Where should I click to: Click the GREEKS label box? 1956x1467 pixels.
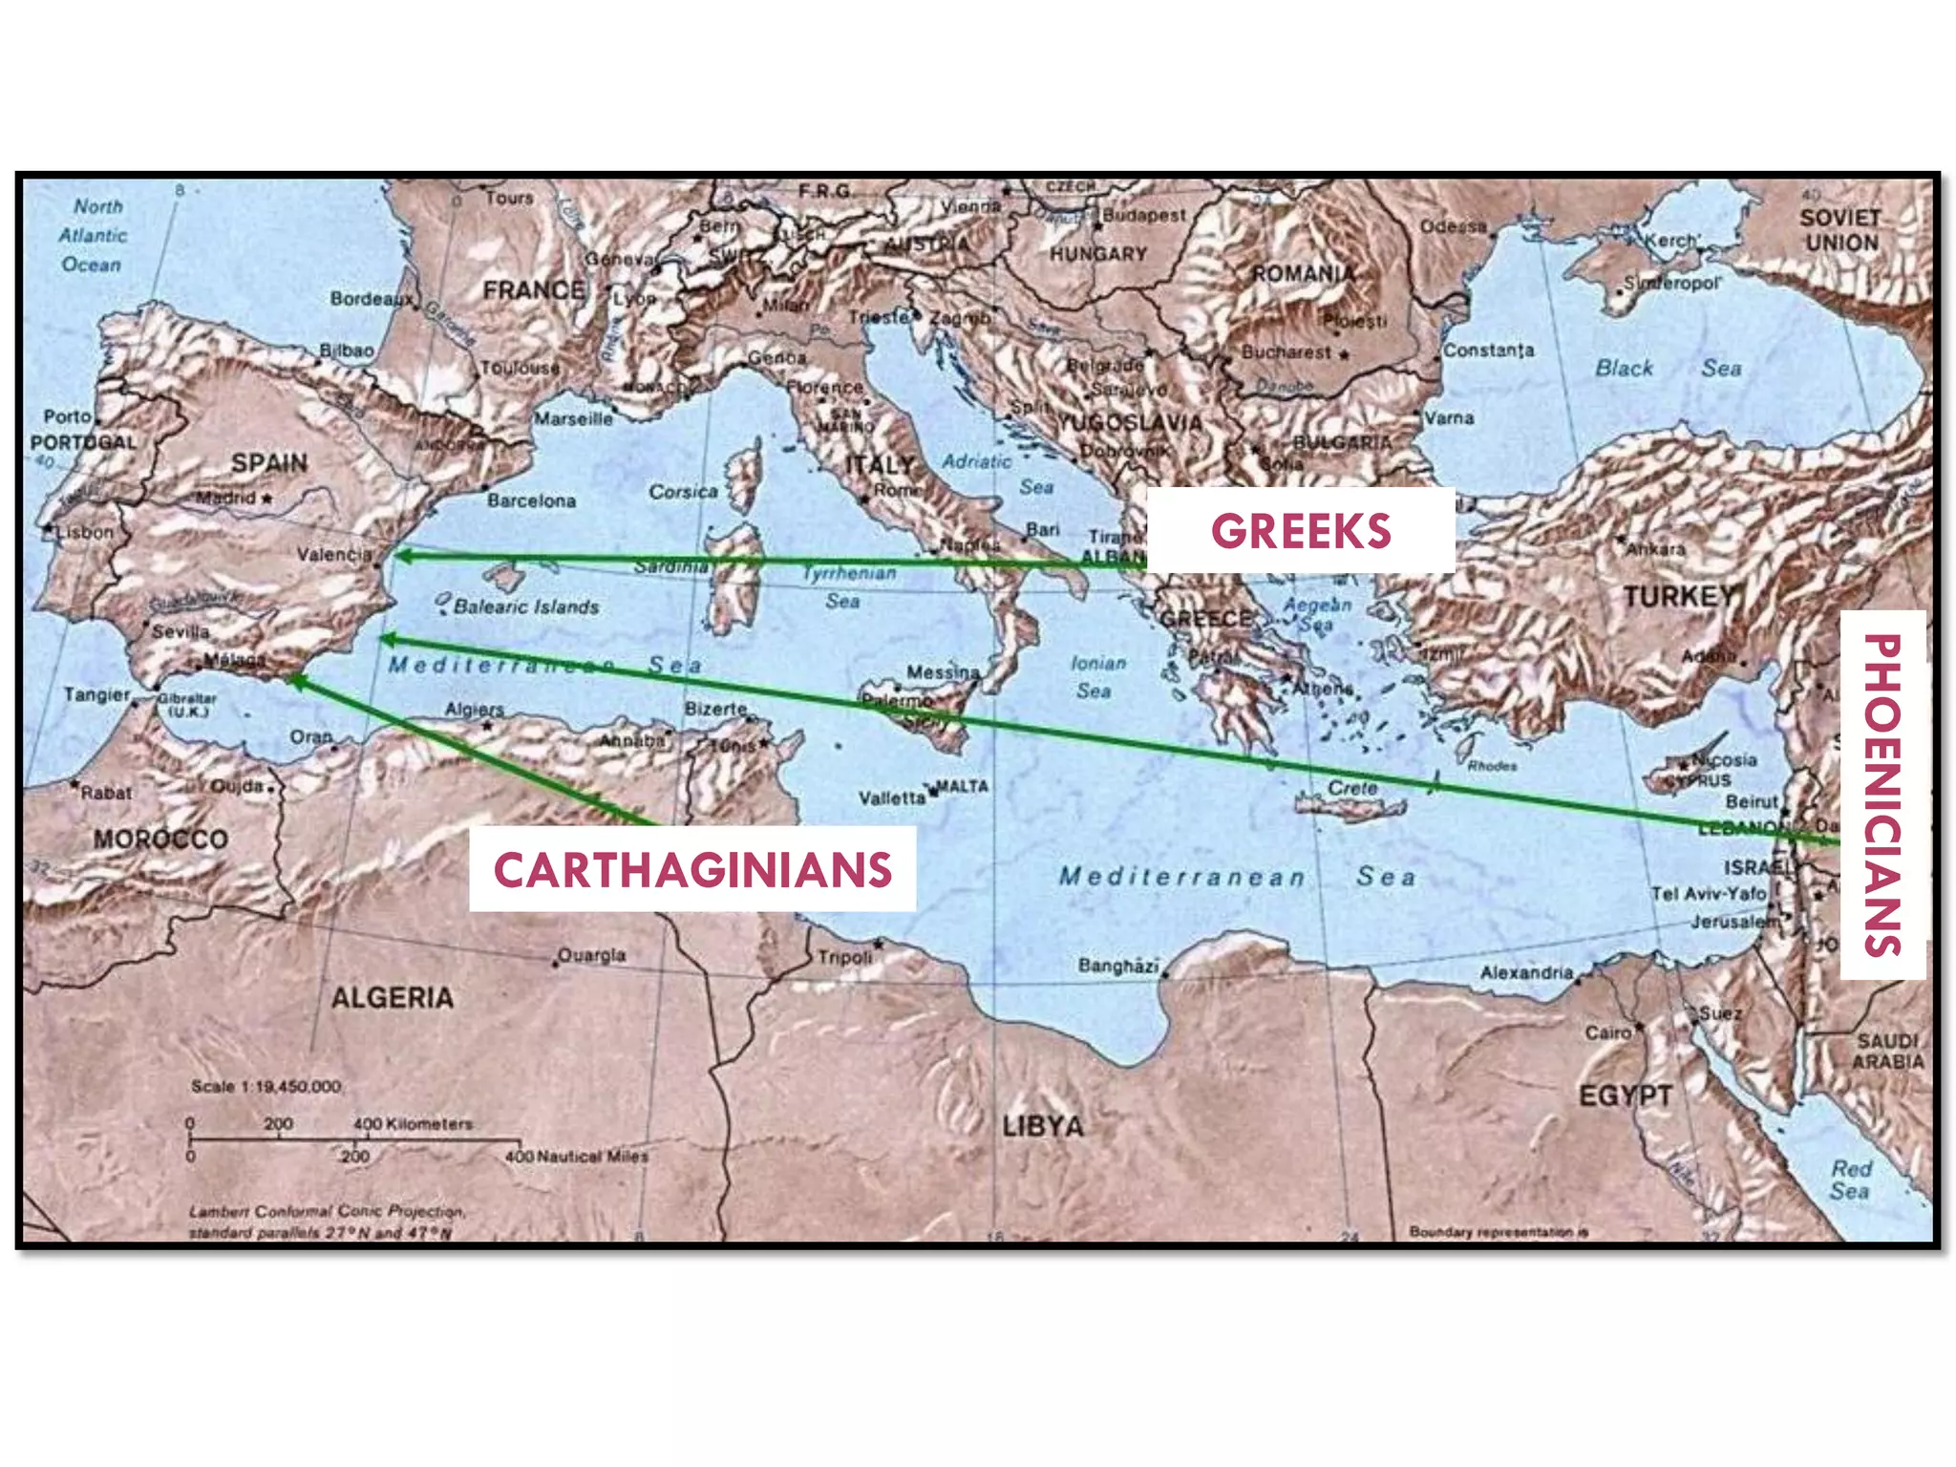click(1300, 531)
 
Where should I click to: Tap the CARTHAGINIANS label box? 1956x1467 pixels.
click(692, 869)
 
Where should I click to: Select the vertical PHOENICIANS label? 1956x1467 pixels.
click(1882, 795)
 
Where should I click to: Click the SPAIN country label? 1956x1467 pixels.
click(269, 463)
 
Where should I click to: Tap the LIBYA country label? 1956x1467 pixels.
click(1043, 1126)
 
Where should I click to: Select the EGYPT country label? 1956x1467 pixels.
click(1625, 1095)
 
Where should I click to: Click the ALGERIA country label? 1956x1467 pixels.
click(392, 998)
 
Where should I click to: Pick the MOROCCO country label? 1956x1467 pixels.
click(160, 840)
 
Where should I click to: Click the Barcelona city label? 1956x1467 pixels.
click(531, 500)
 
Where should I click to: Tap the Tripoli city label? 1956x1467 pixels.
click(844, 956)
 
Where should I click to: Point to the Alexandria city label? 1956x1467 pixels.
click(1526, 972)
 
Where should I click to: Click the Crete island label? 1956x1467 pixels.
click(1352, 788)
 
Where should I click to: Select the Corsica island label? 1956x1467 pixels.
click(683, 492)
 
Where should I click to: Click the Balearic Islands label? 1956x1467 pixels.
click(526, 606)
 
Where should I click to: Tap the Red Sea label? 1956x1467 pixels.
click(1850, 1180)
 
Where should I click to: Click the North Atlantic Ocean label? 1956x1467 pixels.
click(94, 235)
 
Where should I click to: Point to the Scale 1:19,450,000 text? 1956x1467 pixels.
click(266, 1086)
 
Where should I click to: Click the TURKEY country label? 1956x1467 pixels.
click(1678, 597)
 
